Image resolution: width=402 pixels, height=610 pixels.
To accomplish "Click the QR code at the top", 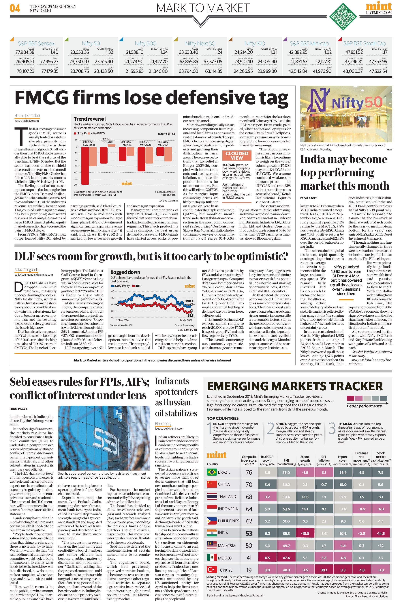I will (x=343, y=17).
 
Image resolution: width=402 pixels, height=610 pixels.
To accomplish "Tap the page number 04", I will (x=15, y=8).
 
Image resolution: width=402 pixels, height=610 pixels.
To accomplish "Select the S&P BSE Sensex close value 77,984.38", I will (x=25, y=52).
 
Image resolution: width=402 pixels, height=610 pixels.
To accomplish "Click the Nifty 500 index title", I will (x=145, y=44).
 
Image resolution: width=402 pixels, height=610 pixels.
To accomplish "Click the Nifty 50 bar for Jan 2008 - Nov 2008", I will (x=85, y=166).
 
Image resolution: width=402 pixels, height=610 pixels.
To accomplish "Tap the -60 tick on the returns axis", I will (x=76, y=185).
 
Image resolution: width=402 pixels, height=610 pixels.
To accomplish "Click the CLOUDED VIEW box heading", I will (x=237, y=155).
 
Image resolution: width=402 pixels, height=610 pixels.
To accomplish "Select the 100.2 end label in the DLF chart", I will (x=189, y=301).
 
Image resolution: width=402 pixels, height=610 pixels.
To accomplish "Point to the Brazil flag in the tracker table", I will (x=211, y=472).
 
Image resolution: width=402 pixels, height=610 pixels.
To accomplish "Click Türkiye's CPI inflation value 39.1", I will (x=324, y=570).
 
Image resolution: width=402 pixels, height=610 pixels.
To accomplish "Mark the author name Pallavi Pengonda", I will (x=26, y=270).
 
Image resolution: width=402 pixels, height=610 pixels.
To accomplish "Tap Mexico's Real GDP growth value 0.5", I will (x=267, y=558).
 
